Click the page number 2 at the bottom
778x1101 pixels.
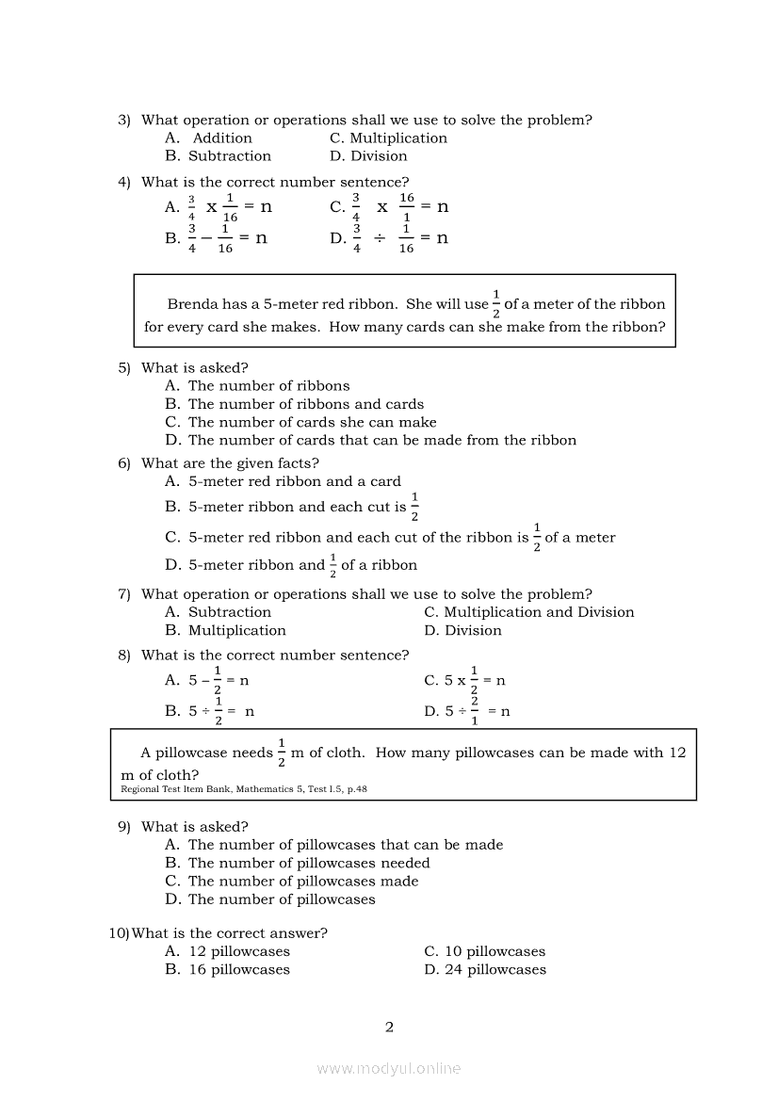389,1027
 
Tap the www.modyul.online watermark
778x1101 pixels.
389,1068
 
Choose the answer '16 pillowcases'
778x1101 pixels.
239,969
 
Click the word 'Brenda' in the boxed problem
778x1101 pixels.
191,304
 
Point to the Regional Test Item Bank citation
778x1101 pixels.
244,789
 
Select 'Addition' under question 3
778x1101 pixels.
222,138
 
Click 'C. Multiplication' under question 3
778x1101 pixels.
388,138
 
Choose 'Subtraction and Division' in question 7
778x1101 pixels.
539,612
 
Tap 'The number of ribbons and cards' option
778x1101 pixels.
306,404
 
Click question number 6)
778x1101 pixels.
124,463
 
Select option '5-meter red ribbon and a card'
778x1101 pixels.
294,481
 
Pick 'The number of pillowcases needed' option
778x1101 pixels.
309,863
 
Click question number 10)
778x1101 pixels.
119,933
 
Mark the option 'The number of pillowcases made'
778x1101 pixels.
303,881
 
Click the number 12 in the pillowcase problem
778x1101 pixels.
677,753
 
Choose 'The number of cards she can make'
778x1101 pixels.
312,422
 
